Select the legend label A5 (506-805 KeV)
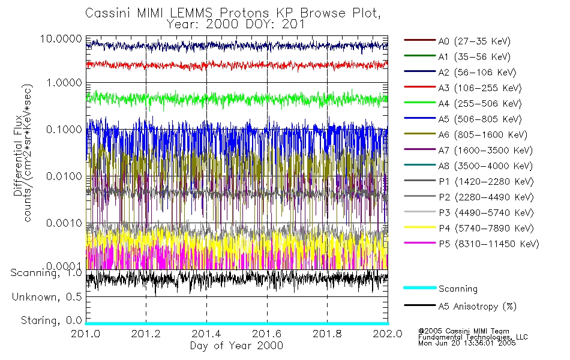478,119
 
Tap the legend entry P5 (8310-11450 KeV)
488,244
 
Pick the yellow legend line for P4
419,229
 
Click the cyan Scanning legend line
419,289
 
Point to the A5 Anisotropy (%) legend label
477,307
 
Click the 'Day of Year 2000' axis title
236,346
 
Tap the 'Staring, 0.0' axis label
52,320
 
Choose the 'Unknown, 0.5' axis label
47,297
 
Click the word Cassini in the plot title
106,13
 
